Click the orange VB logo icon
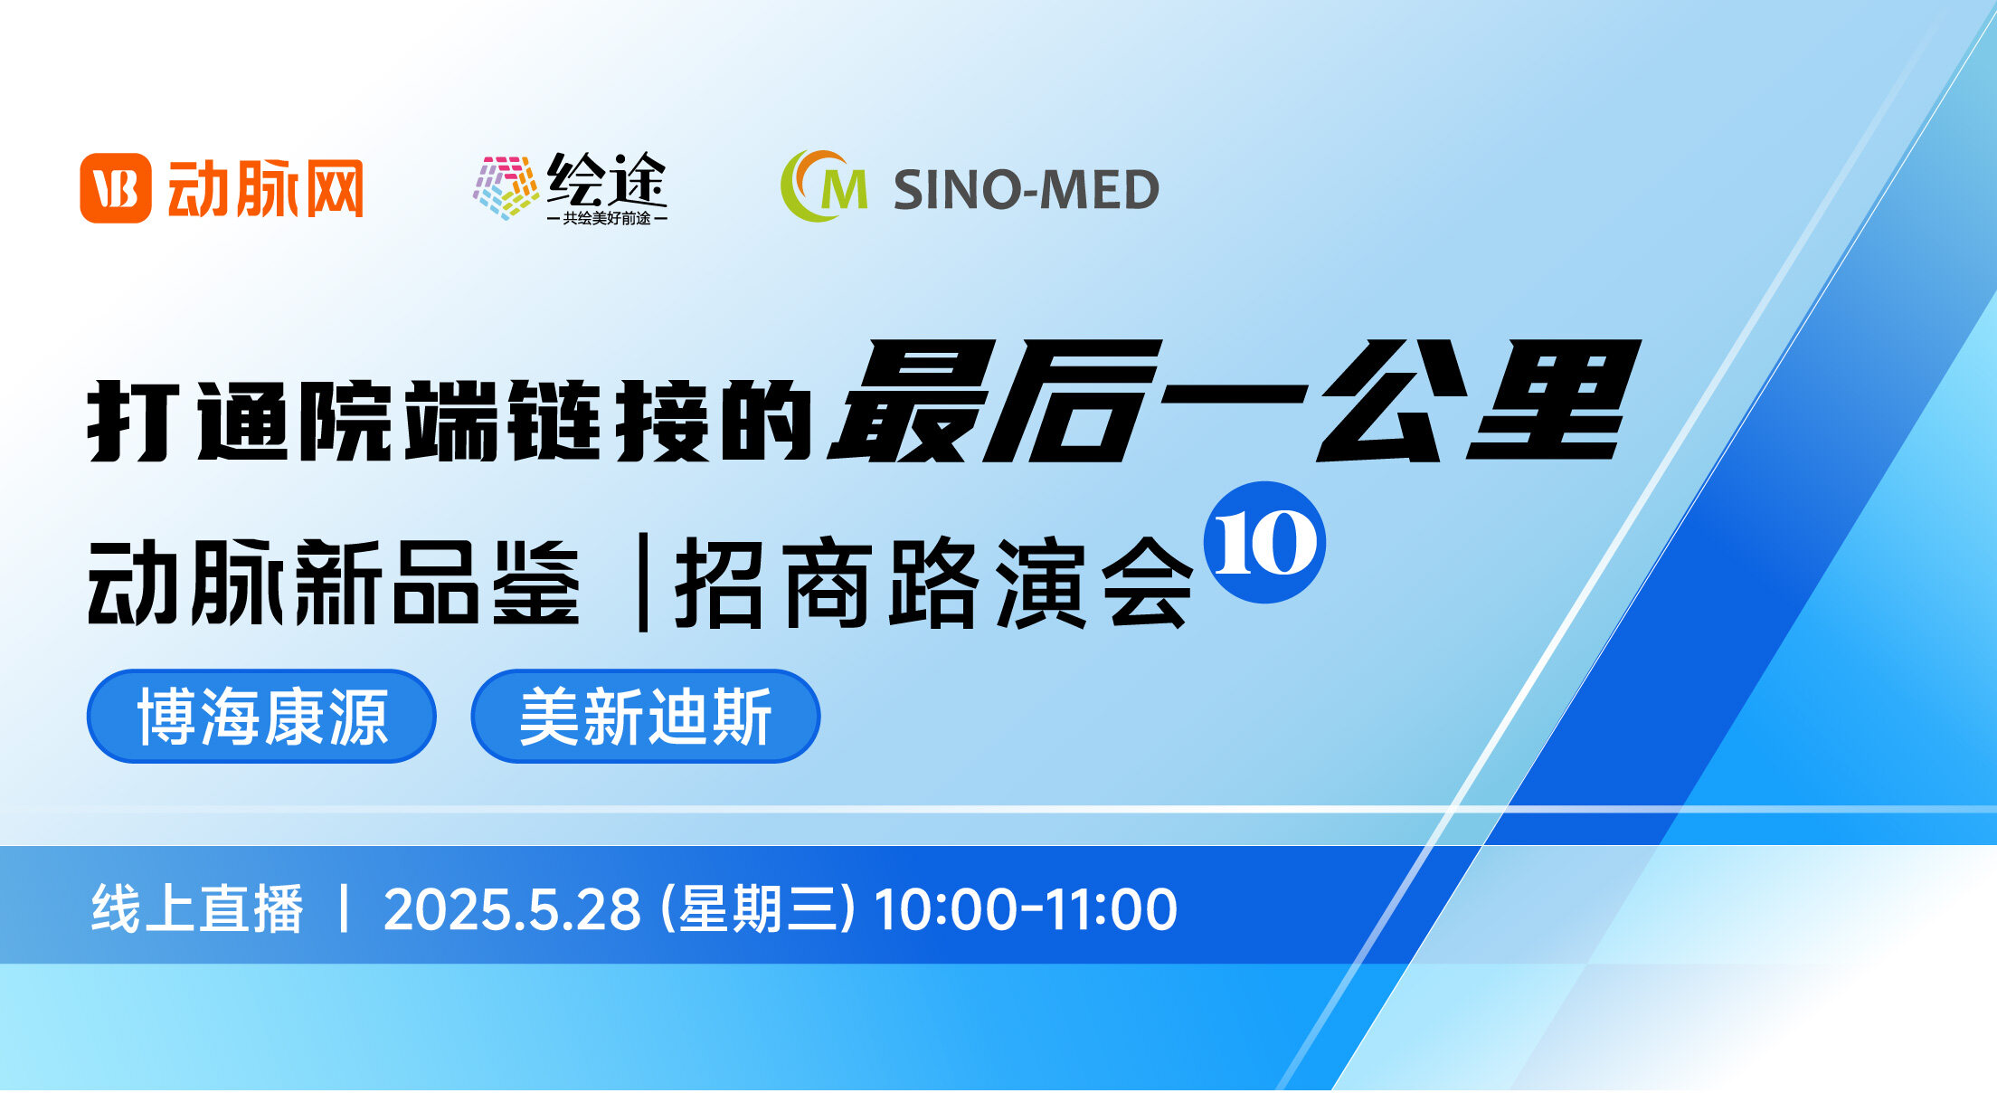[x=115, y=188]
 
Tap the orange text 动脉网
[x=266, y=188]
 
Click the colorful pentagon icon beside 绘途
[x=506, y=187]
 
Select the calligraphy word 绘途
[x=607, y=179]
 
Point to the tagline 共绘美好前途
[x=607, y=218]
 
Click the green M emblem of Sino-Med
[x=824, y=186]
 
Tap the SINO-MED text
[x=1027, y=190]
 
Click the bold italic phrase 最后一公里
[x=1235, y=401]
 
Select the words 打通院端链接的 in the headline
[x=450, y=421]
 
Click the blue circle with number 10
[x=1264, y=542]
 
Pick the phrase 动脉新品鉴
[x=333, y=582]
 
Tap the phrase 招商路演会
[x=934, y=582]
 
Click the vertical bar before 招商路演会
[x=643, y=582]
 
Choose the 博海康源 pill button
[x=261, y=716]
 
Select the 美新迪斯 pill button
[x=646, y=716]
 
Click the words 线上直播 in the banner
[x=197, y=908]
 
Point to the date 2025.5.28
[x=513, y=909]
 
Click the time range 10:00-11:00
[x=1026, y=909]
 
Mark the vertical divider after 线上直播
[x=344, y=908]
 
